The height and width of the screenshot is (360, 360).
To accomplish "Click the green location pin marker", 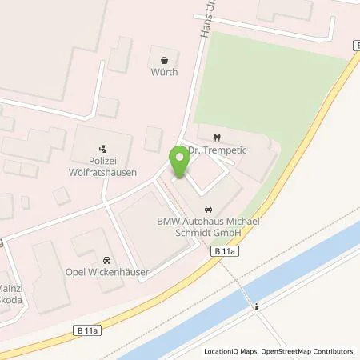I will (x=179, y=163).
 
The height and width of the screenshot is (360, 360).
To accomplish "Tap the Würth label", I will (x=164, y=72).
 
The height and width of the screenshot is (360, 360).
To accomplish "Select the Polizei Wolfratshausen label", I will (x=102, y=166).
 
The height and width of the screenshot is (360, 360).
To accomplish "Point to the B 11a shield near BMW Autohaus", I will (x=226, y=251).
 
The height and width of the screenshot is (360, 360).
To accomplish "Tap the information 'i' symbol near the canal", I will (x=256, y=306).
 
